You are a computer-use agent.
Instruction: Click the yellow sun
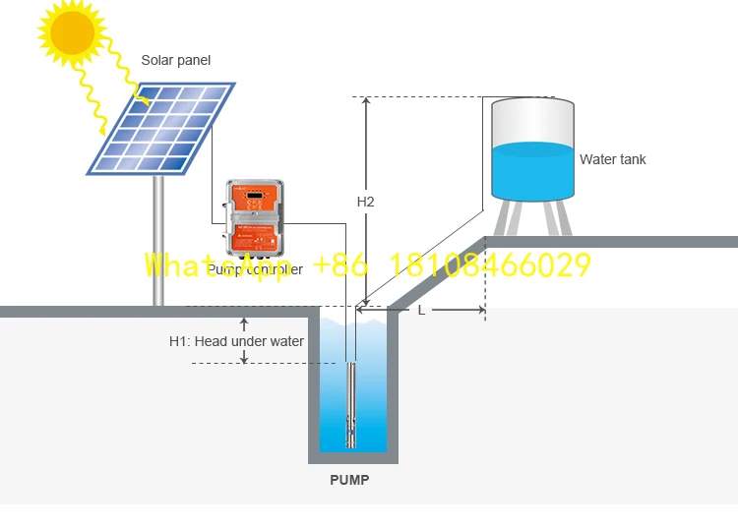(72, 31)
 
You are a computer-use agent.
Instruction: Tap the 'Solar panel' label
(175, 61)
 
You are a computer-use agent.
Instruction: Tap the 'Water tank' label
(612, 159)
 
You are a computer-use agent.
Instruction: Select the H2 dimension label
(365, 202)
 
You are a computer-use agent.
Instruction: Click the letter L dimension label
(421, 310)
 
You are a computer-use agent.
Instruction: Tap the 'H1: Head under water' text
(236, 341)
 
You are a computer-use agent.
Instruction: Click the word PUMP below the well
(349, 481)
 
